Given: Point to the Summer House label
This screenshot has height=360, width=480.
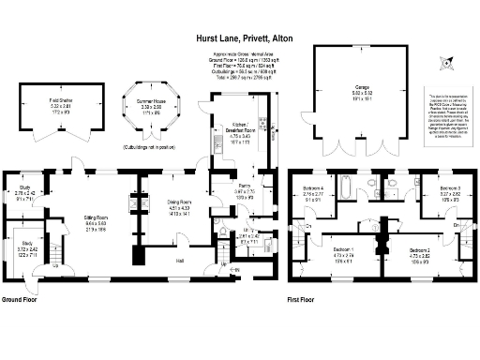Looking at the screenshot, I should pos(151,105).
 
